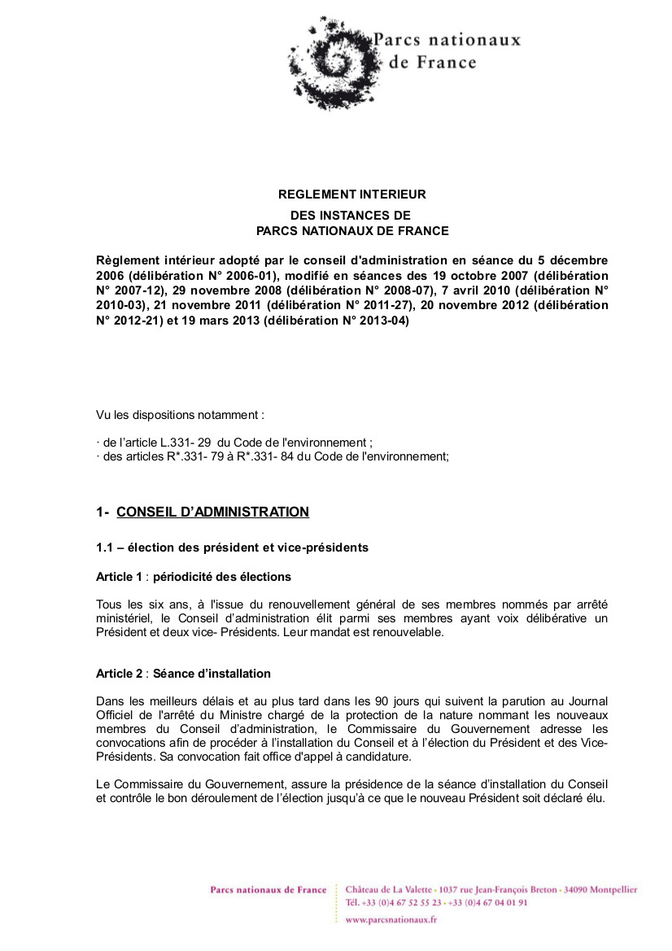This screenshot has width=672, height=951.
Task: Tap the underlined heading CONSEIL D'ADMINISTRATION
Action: click(213, 512)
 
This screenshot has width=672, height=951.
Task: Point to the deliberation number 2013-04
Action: click(382, 321)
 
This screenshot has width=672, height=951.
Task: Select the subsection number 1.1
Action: click(105, 547)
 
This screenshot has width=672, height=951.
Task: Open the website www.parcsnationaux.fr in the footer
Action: click(391, 919)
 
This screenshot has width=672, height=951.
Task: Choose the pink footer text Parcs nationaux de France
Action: click(268, 890)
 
